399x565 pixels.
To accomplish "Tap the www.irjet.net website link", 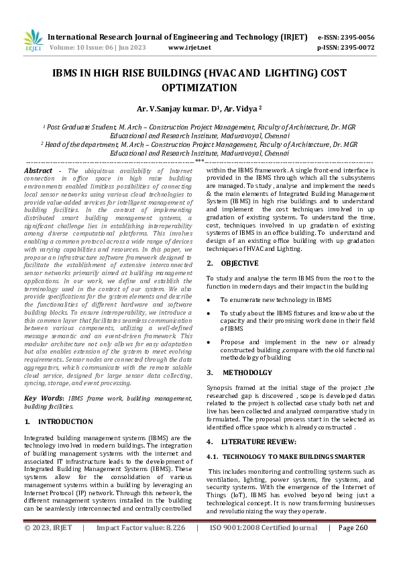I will coord(189,48).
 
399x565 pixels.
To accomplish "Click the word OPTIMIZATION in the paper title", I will coord(199,88).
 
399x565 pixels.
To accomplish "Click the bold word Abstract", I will coord(38,171).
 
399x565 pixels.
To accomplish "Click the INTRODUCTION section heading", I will coord(65,421).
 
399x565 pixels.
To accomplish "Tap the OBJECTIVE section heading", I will coord(239,263).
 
